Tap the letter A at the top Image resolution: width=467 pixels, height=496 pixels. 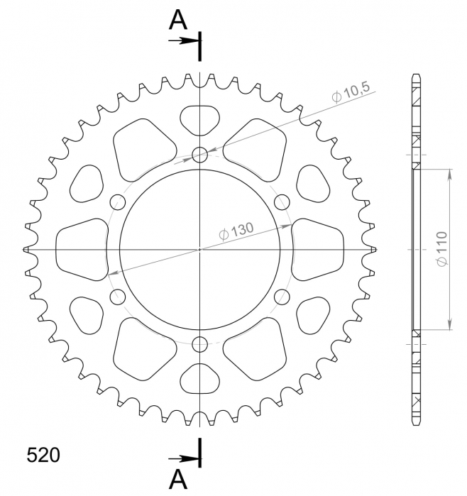point(178,22)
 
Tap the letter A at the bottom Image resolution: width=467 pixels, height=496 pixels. point(178,480)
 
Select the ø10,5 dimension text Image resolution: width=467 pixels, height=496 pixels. point(351,92)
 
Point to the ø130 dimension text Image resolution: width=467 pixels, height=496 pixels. point(237,231)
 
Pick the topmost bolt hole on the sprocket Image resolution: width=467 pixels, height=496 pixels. point(201,153)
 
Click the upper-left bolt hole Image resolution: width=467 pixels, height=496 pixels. point(117,202)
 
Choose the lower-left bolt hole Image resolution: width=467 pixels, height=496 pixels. point(117,297)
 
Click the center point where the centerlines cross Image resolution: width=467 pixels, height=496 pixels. point(201,250)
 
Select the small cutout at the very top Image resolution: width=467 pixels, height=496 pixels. point(200,119)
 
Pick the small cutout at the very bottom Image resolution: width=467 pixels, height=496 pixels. point(200,380)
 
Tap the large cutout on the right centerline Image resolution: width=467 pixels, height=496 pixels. point(319,249)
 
